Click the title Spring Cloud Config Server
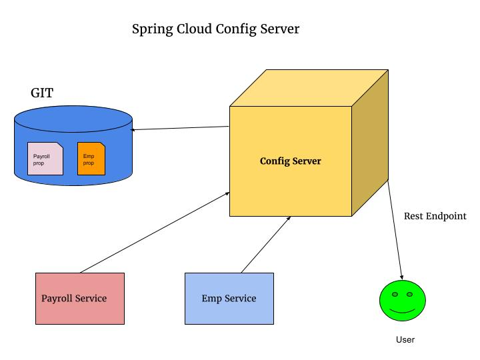pyautogui.click(x=215, y=29)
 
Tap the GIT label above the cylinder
pyautogui.click(x=42, y=93)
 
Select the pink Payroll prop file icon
pyautogui.click(x=45, y=159)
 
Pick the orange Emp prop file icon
pyautogui.click(x=91, y=159)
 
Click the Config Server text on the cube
pyautogui.click(x=290, y=161)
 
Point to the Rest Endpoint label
pyautogui.click(x=435, y=216)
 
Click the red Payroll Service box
pyautogui.click(x=80, y=298)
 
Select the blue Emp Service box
pyautogui.click(x=229, y=298)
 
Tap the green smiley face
pyautogui.click(x=402, y=301)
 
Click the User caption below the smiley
pyautogui.click(x=405, y=340)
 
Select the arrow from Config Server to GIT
pyautogui.click(x=180, y=128)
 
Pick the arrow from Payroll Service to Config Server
pyautogui.click(x=155, y=232)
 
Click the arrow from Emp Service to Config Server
pyautogui.click(x=266, y=244)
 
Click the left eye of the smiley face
pyautogui.click(x=395, y=294)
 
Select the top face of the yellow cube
pyautogui.click(x=309, y=88)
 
